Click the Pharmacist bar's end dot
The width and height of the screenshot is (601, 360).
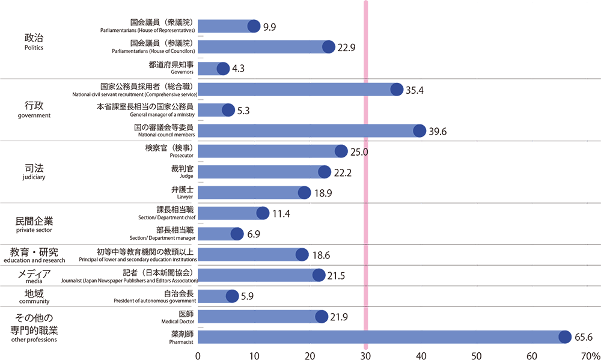pos(565,337)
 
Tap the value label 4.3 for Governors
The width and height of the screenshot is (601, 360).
pos(237,69)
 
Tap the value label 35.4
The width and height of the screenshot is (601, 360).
pos(415,90)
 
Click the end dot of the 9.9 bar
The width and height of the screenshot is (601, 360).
pos(254,26)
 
